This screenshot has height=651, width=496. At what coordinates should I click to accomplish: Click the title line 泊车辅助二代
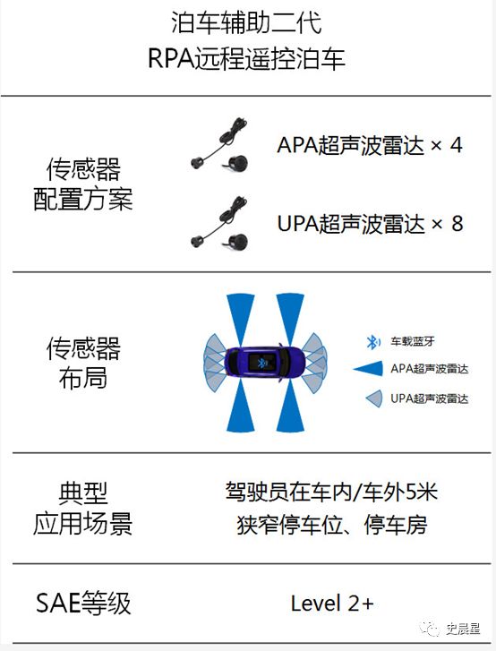coord(246,22)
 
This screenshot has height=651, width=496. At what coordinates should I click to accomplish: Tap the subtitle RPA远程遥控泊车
coord(246,58)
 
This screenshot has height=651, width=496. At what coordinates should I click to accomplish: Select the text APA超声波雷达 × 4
coord(370,145)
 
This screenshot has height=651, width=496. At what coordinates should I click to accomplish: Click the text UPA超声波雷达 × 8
coord(370,223)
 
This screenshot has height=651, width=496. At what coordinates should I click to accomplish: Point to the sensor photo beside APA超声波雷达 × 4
coord(219,144)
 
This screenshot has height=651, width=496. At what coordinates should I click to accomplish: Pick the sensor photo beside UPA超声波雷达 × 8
coord(219,223)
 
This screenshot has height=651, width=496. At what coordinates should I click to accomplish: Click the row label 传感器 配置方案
coord(83,184)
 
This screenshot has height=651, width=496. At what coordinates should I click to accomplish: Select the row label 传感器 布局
coord(83,363)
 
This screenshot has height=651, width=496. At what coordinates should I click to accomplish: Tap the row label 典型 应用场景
coord(83,509)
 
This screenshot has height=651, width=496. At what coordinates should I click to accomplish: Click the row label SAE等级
coord(83,604)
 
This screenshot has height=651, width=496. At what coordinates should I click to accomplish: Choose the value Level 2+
coord(332,604)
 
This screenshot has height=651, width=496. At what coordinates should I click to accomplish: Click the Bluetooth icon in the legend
coord(372,342)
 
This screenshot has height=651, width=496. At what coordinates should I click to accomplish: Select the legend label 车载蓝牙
coord(412,341)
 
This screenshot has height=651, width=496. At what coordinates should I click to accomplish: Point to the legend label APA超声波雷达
coord(429,369)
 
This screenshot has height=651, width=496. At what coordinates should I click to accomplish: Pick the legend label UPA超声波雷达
coord(429,398)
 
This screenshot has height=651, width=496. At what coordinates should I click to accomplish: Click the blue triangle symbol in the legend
coord(369,369)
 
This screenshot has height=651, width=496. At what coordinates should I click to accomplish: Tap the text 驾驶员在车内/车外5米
coord(331,493)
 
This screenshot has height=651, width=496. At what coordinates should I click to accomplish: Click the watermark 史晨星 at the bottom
coord(463,628)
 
